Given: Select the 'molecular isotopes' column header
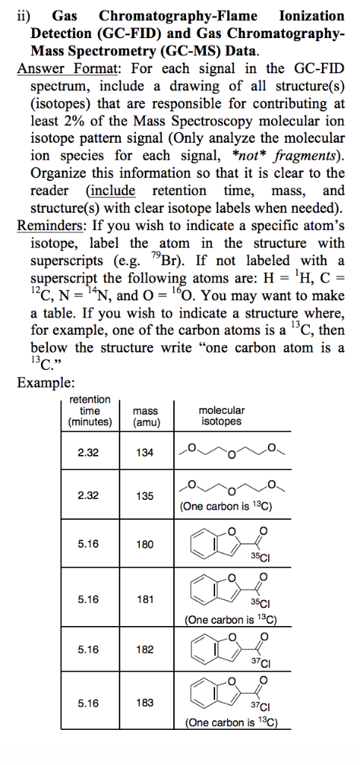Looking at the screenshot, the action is tap(221, 416).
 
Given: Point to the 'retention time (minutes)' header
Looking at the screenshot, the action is tap(89, 411).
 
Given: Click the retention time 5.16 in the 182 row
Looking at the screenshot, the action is tap(89, 649).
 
